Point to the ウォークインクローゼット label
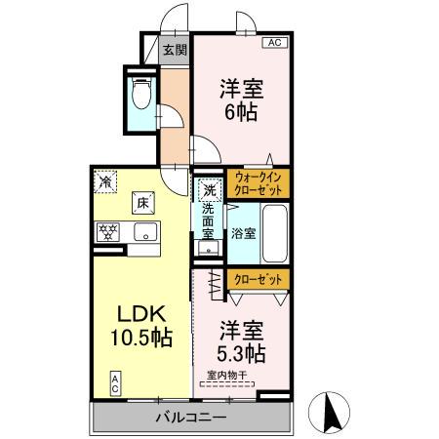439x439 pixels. pyautogui.click(x=259, y=183)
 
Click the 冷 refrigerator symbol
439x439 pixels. pyautogui.click(x=105, y=180)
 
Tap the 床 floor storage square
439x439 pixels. pyautogui.click(x=141, y=203)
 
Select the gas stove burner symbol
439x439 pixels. pyautogui.click(x=107, y=232)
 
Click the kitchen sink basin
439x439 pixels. pyautogui.click(x=145, y=232)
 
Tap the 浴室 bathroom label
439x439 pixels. pyautogui.click(x=243, y=233)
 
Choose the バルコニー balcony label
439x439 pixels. pyautogui.click(x=191, y=419)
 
